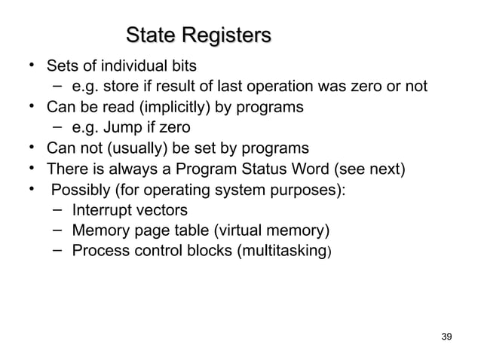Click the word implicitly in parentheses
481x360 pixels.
(x=173, y=106)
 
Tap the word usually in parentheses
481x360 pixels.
(x=127, y=147)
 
